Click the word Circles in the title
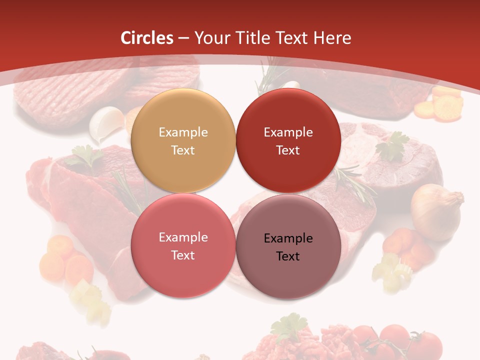coord(147,38)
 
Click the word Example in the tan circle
coord(183,132)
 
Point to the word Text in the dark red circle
coord(288,150)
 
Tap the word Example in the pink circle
coord(183,237)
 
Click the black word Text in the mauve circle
coord(288,256)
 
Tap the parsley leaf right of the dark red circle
coord(392,145)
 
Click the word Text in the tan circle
coord(183,150)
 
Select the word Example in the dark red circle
coord(288,132)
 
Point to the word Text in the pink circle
coord(183,255)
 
